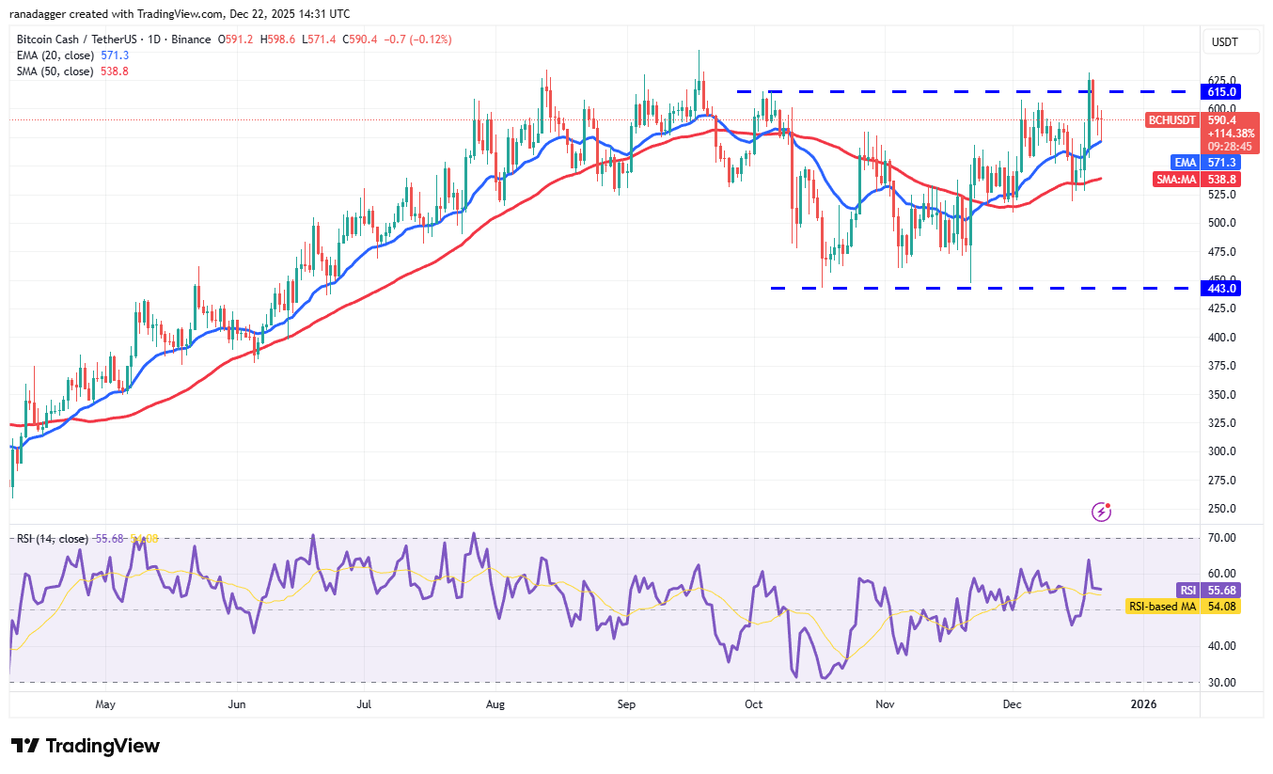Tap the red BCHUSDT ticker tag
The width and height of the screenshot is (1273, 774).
(x=1171, y=120)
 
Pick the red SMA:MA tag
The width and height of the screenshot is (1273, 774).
(x=1175, y=179)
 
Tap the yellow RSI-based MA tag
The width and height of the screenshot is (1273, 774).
(x=1162, y=607)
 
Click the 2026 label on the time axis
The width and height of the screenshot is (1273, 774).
(x=1142, y=703)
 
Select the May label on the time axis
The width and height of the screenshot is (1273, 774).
(x=105, y=703)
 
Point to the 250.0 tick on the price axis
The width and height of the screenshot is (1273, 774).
(x=1222, y=509)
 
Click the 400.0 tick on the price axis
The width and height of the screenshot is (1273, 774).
(x=1222, y=337)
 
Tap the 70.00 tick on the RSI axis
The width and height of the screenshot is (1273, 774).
(x=1222, y=538)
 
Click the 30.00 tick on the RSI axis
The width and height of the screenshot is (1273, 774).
(x=1222, y=683)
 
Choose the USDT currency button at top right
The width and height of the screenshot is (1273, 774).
(x=1224, y=42)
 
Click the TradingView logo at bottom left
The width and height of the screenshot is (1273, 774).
(x=86, y=746)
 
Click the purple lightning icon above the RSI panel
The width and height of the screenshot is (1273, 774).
(x=1102, y=512)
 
